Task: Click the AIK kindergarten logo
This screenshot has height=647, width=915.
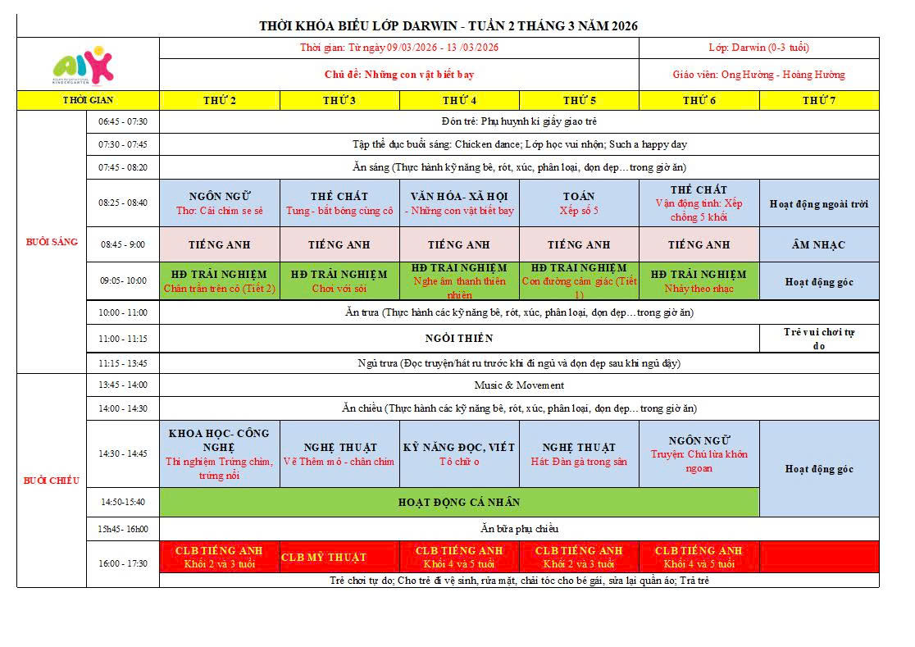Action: pos(82,65)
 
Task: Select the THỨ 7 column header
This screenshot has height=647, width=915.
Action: pos(818,100)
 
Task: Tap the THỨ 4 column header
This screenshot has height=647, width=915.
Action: pos(459,100)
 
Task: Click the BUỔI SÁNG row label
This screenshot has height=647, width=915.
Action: pos(52,241)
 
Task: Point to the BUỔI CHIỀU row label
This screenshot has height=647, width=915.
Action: pos(52,480)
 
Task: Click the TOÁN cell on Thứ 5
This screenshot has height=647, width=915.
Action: pos(579,203)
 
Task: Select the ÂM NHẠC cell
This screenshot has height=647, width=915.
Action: pos(818,244)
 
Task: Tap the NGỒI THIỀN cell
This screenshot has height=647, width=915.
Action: pos(459,338)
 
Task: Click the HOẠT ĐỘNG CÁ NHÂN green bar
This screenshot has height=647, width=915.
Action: pos(459,502)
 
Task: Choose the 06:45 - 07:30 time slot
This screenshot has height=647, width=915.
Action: pos(123,121)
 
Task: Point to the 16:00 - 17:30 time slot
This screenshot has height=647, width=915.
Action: pos(123,563)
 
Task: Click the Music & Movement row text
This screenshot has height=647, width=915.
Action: pos(519,385)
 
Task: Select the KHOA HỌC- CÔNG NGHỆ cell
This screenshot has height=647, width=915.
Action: pos(219,453)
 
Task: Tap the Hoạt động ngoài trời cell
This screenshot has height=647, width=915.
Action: pos(818,204)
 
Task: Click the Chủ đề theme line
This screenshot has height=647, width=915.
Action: pos(398,75)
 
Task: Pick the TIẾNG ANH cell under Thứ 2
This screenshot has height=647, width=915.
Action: pos(219,244)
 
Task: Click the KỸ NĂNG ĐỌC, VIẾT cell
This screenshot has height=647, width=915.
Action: pos(459,453)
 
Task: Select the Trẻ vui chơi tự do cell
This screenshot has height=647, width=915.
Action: pos(818,338)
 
